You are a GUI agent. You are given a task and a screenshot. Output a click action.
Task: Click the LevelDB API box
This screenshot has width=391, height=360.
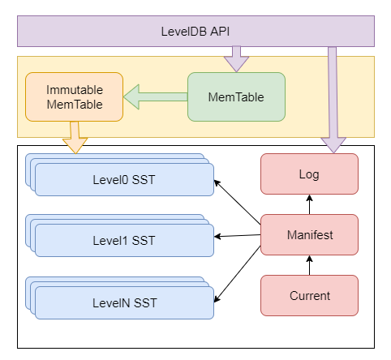click(x=195, y=32)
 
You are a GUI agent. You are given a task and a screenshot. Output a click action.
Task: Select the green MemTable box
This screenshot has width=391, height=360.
click(x=236, y=96)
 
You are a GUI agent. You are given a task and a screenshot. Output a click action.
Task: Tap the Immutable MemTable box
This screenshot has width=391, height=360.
click(x=75, y=96)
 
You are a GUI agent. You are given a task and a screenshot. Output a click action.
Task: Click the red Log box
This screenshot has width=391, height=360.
click(x=309, y=174)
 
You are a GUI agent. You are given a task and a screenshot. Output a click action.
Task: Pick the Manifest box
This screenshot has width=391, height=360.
click(x=309, y=234)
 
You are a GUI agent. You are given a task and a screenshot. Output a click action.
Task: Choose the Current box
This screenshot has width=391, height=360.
click(x=309, y=295)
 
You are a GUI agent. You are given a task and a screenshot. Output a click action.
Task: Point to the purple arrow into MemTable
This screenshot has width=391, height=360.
click(x=235, y=59)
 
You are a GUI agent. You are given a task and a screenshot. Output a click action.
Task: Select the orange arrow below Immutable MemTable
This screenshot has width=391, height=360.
click(x=75, y=136)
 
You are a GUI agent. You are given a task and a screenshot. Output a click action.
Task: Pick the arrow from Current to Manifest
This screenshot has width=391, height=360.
click(x=309, y=265)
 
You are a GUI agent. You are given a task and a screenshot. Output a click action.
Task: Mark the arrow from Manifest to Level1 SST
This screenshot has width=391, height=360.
click(x=237, y=235)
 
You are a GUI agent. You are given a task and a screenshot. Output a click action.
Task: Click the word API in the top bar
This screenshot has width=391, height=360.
click(x=218, y=32)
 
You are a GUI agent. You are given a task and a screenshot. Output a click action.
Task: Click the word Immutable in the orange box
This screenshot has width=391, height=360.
click(x=75, y=89)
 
